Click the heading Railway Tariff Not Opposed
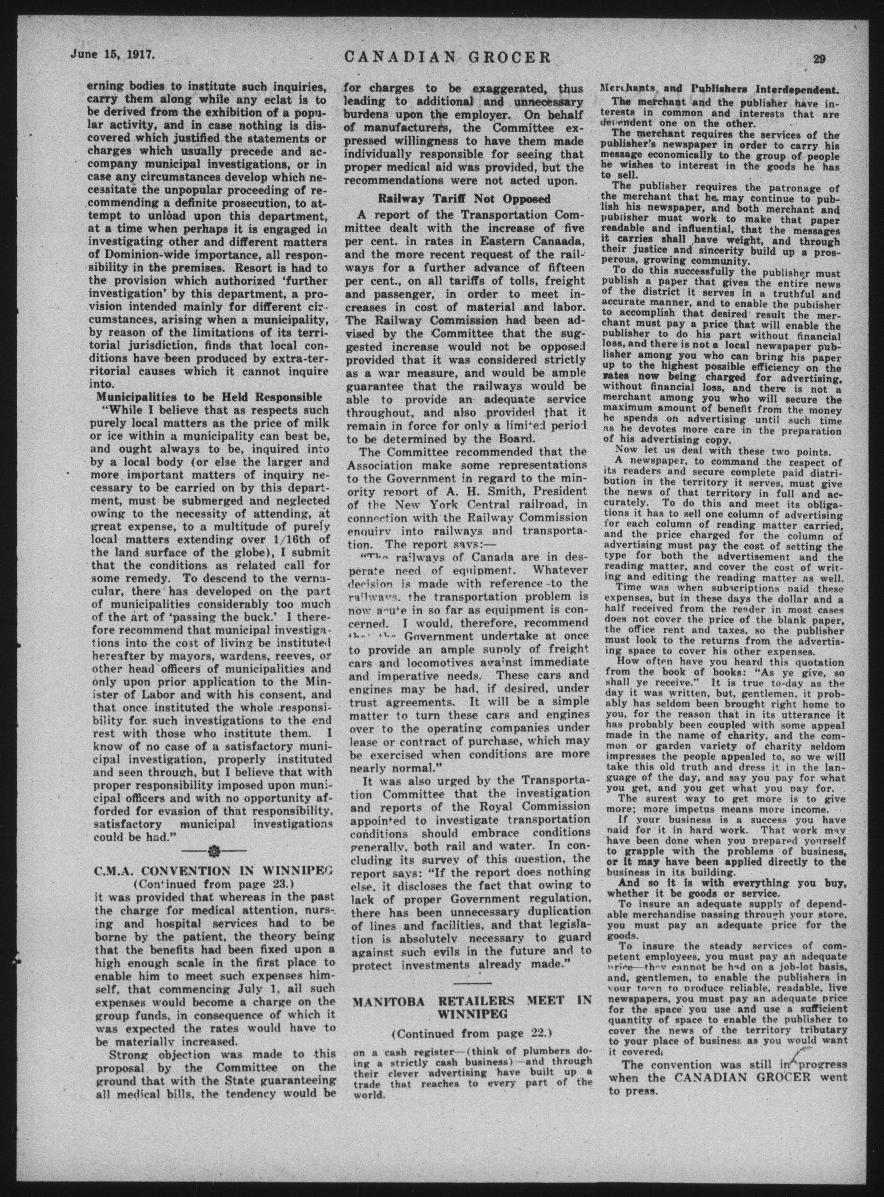coord(464,199)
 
